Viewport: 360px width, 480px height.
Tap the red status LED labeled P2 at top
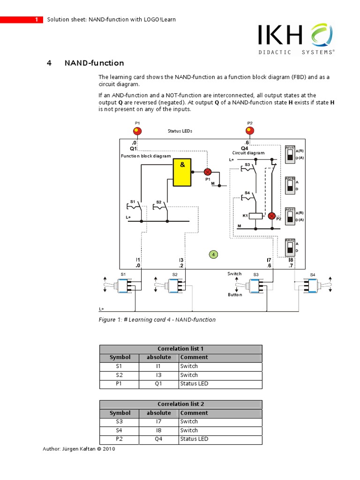tap(249, 131)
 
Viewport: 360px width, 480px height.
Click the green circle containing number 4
tap(213, 255)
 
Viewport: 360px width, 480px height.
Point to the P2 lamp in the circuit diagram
tap(272, 216)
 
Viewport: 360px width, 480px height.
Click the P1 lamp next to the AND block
tap(207, 172)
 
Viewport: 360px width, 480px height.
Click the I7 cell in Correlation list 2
tap(159, 421)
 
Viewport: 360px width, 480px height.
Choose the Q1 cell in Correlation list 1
tap(159, 383)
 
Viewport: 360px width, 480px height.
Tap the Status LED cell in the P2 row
tap(194, 439)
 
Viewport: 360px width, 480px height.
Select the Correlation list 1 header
tap(180, 349)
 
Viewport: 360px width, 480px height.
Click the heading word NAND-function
tap(94, 63)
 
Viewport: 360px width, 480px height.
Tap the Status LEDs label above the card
tap(180, 131)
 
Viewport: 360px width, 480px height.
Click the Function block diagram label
tap(146, 156)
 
